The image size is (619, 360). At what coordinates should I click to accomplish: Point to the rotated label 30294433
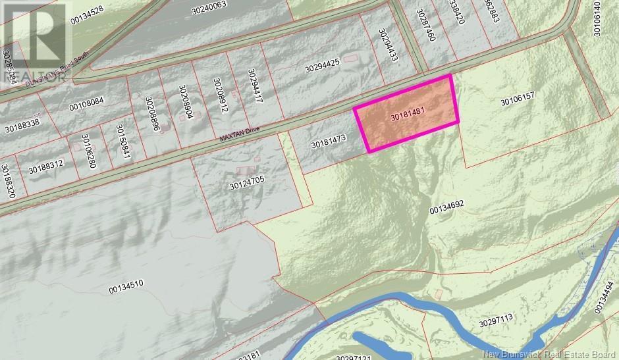click(x=389, y=44)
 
